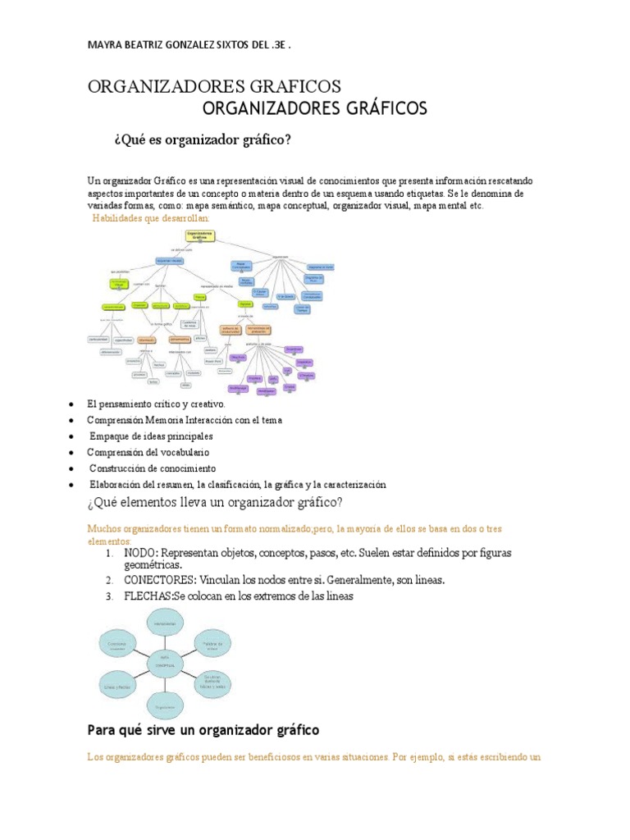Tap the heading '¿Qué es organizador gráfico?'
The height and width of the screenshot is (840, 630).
click(x=202, y=140)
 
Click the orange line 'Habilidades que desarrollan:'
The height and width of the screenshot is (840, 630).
click(x=151, y=219)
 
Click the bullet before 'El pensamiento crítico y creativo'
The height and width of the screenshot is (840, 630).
click(x=73, y=404)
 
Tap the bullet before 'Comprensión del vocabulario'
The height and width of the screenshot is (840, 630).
click(x=73, y=452)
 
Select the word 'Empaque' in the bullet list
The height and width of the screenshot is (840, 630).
click(x=109, y=436)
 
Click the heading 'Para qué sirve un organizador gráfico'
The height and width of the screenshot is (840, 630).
click(x=203, y=729)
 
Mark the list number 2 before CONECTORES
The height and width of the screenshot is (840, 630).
click(x=108, y=580)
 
